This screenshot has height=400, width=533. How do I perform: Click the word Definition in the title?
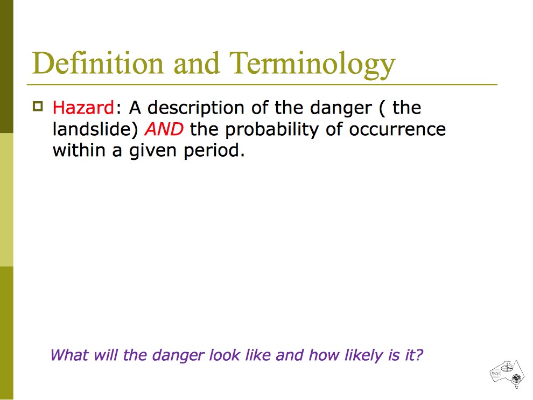pos(98,63)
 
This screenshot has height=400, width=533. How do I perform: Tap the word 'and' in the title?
pos(197,63)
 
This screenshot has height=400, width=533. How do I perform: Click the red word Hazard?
pos(83,108)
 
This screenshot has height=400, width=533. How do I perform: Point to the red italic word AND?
pos(164,129)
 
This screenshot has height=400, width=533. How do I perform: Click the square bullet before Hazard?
pos(38,107)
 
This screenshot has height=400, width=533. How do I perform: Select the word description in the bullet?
pos(196,109)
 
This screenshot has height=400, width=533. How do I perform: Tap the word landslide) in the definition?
pos(95,130)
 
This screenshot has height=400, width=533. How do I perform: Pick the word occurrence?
pos(397,130)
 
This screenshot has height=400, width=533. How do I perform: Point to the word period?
pos(214,151)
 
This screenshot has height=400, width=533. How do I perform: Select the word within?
pos(79,150)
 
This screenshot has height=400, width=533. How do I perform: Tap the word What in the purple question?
pos(69,355)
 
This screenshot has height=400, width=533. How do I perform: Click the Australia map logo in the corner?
pos(508,374)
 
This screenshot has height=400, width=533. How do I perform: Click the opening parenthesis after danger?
pos(381,109)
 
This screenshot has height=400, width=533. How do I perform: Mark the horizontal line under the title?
pos(262,84)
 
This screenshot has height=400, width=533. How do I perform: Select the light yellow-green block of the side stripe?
pos(6,200)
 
